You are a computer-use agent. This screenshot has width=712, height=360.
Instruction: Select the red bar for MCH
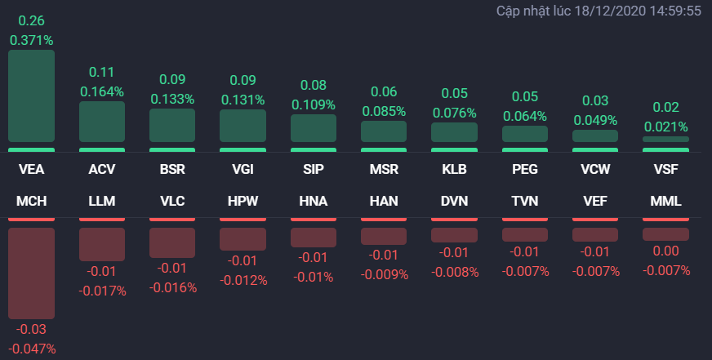32,273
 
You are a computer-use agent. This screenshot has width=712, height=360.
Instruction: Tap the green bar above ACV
102,122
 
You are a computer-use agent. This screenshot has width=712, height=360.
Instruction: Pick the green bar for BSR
172,126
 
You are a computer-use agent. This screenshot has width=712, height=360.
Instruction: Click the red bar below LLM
102,243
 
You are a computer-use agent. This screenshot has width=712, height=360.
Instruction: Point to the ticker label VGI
243,171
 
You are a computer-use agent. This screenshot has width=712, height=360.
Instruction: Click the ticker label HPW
243,201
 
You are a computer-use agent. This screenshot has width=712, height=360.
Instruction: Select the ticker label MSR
384,171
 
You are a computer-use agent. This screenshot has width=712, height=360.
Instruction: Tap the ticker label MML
665,201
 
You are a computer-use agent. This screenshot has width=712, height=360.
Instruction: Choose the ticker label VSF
665,171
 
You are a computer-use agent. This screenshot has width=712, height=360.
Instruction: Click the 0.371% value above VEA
32,39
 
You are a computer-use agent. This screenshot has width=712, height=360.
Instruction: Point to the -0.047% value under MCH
32,349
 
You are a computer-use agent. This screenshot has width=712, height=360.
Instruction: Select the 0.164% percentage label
102,91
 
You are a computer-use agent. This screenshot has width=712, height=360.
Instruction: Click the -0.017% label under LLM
102,290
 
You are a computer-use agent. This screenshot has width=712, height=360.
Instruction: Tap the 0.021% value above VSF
665,127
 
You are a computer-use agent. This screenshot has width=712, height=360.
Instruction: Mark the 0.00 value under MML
665,251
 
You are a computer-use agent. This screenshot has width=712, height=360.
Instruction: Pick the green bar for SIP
314,128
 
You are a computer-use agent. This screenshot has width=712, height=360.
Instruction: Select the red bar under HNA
314,237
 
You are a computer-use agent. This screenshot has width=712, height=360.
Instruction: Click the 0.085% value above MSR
384,111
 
